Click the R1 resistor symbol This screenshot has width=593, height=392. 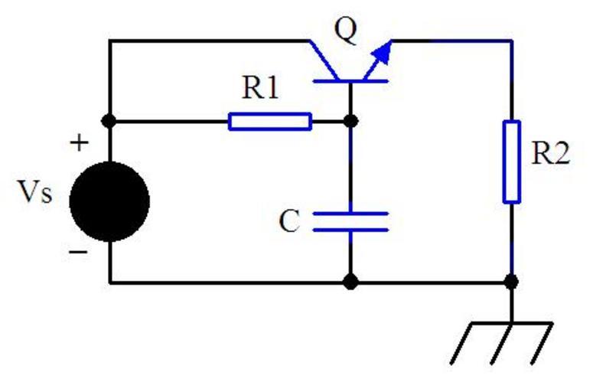pos(270,121)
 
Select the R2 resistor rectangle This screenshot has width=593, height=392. pos(511,162)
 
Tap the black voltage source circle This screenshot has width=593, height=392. pos(109,202)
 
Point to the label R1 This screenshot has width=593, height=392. pos(261,89)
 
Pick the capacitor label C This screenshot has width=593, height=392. pos(288,222)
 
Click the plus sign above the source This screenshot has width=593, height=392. pos(80,143)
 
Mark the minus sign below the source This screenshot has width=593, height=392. pos(79,250)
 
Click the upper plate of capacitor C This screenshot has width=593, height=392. pos(350,214)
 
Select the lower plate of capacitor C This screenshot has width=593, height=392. pos(350,229)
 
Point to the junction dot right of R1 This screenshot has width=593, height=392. pos(350,121)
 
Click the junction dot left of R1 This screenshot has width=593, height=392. pos(109,121)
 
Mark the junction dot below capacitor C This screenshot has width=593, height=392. pos(350,283)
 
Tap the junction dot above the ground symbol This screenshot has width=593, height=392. pos(511,283)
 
